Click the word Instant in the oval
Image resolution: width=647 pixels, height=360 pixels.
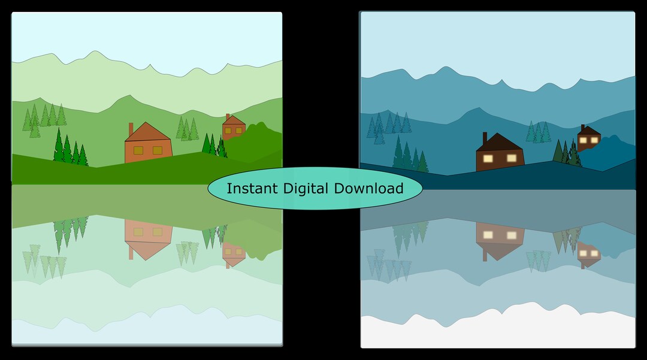(252, 189)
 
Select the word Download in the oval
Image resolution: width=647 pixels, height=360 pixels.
(368, 189)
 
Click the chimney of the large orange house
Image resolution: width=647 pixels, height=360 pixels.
(131, 129)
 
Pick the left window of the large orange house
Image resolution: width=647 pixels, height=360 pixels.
(138, 150)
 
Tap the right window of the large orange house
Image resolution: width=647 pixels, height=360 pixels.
(158, 150)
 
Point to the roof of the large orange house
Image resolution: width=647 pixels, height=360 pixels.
(147, 132)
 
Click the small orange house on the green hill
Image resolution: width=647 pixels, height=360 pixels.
(234, 127)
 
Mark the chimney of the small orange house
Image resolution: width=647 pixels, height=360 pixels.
(228, 117)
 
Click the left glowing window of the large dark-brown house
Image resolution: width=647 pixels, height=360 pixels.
(488, 158)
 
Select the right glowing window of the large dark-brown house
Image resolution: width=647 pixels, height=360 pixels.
(512, 158)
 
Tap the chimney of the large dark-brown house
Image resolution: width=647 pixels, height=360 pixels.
(485, 138)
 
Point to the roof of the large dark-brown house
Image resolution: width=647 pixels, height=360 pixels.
(499, 142)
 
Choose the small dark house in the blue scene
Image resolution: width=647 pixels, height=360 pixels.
(589, 138)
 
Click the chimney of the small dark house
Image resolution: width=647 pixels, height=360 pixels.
(583, 128)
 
